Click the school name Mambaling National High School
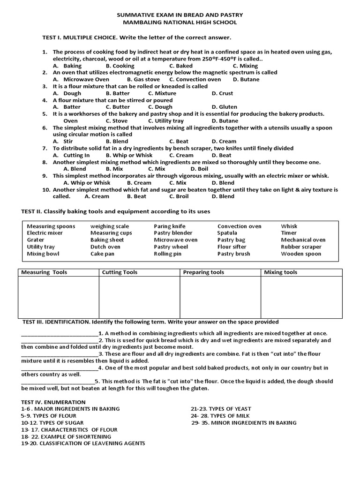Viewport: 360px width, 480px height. (x=180, y=22)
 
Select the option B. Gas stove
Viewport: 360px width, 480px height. (x=143, y=80)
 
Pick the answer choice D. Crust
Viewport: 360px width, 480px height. (x=222, y=93)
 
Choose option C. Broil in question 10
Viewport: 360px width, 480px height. (x=179, y=196)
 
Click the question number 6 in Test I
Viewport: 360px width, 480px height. (x=45, y=127)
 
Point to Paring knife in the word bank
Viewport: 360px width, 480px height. (x=170, y=226)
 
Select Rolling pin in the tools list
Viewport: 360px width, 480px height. (x=168, y=254)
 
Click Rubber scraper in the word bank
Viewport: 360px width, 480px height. (x=301, y=247)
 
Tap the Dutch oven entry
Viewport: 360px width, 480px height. (x=105, y=247)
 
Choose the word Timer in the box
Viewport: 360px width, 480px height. (x=289, y=233)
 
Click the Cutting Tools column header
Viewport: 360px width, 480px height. (x=120, y=272)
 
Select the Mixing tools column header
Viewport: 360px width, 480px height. (x=280, y=272)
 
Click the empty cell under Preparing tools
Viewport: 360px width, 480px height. (x=220, y=297)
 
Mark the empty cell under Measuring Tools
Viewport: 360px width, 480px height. (x=58, y=297)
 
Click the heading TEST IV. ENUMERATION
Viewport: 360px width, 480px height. (x=53, y=402)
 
